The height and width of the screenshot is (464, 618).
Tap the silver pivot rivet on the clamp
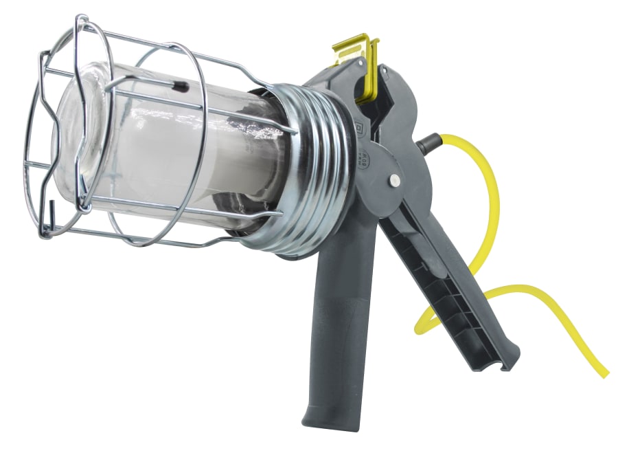(x=395, y=180)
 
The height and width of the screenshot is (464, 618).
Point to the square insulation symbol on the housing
(x=359, y=127)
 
